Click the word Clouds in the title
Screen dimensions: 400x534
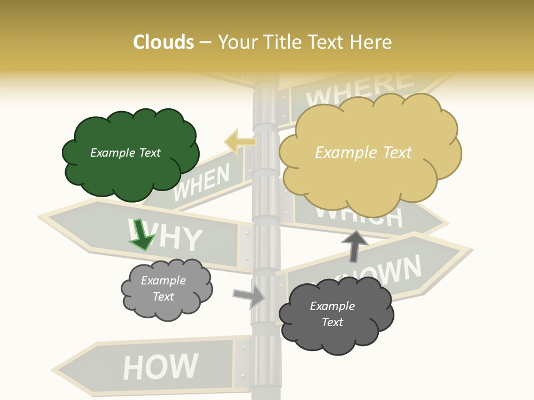pos(164,42)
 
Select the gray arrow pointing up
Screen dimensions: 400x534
pos(354,245)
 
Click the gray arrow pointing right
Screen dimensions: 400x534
pos(250,297)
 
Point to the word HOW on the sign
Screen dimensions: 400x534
pos(160,367)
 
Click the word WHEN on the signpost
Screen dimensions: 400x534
pos(201,183)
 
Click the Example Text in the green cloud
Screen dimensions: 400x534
pos(125,153)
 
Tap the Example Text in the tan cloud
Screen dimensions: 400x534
pos(363,153)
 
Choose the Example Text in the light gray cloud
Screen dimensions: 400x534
pos(163,288)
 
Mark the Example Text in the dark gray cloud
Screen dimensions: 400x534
pos(332,314)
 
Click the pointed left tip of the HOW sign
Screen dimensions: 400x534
pos(54,370)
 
